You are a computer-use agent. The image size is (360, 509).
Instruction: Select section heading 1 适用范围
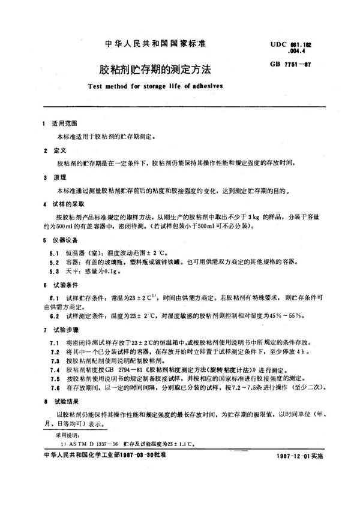[61, 123]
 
